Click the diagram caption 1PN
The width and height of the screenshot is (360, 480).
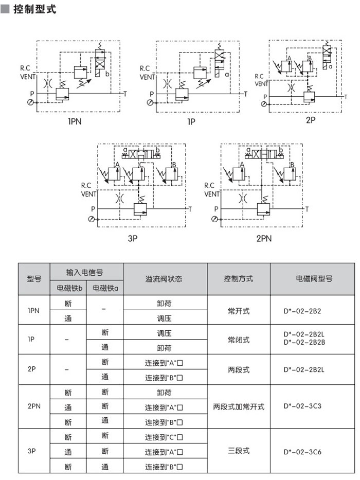tap(75, 122)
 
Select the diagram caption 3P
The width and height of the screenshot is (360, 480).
tap(133, 239)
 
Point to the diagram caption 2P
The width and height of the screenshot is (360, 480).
tap(310, 120)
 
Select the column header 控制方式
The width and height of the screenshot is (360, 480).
tap(238, 279)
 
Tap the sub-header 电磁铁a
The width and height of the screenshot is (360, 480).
tap(105, 288)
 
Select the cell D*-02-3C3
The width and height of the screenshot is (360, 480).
tap(302, 406)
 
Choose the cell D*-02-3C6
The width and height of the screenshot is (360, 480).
tap(302, 452)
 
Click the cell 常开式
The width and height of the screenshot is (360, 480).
tap(238, 311)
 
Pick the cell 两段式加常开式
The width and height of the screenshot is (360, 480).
tap(238, 406)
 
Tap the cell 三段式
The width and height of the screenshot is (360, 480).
tap(238, 451)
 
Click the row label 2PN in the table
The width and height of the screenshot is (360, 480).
tap(34, 406)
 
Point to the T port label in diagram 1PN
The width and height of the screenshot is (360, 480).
tap(125, 94)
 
